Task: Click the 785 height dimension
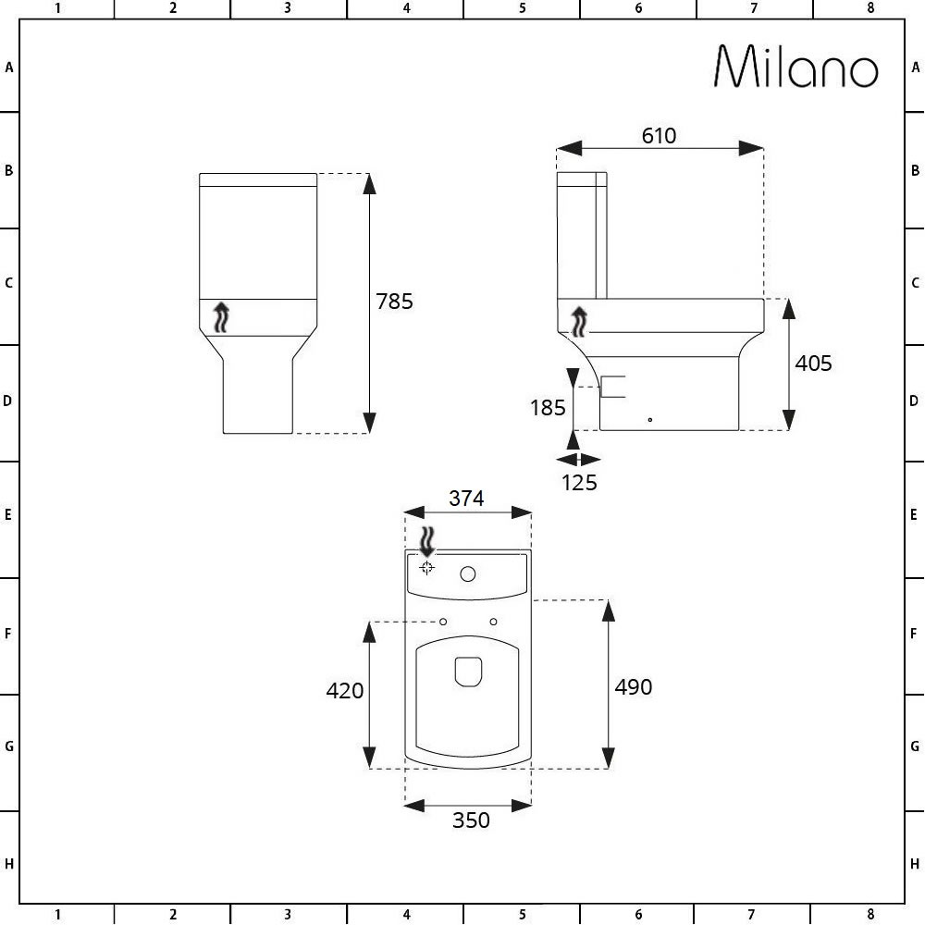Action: coord(395,302)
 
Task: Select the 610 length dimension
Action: coord(659,136)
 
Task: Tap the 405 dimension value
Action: coord(813,364)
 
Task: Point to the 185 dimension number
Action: coord(548,408)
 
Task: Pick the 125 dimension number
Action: coord(579,483)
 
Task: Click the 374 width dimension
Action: coord(466,499)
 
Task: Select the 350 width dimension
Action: coord(472,820)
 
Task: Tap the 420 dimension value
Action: coord(345,691)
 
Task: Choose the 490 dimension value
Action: coord(634,687)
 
